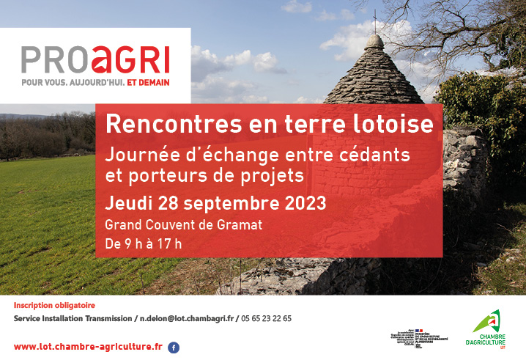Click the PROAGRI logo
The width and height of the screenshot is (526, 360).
[95, 59]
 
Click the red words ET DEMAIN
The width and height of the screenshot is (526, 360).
[148, 83]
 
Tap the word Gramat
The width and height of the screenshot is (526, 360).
[240, 224]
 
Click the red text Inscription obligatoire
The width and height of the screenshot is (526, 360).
[55, 305]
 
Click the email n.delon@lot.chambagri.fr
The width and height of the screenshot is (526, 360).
[187, 318]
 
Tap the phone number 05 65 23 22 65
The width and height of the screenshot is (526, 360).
[266, 318]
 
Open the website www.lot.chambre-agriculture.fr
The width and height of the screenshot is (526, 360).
[88, 346]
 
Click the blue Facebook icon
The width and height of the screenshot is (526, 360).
[174, 348]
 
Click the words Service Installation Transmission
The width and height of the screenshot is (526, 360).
[73, 318]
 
